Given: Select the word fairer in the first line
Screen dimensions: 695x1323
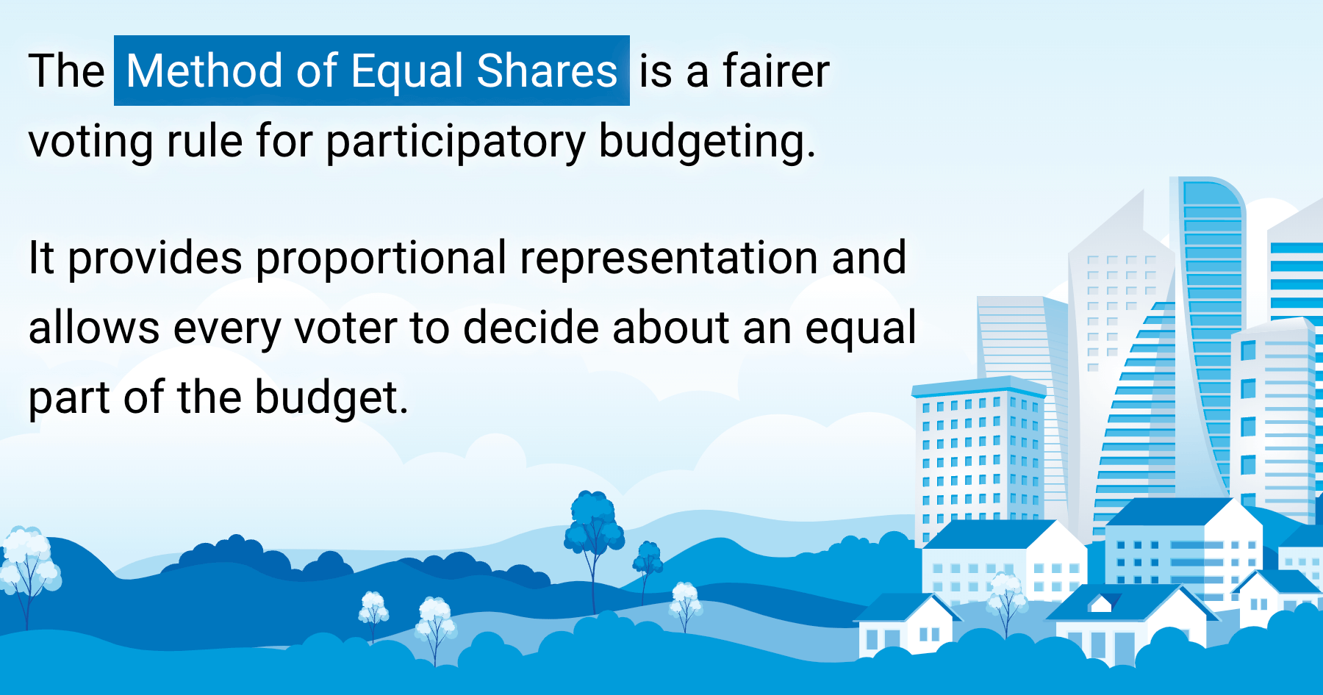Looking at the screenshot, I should click(x=775, y=71).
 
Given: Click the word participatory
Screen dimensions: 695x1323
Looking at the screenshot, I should click(x=455, y=141).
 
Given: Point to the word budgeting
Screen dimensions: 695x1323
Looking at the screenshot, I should click(x=706, y=141).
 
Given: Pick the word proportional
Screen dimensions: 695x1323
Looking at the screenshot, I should click(x=381, y=259).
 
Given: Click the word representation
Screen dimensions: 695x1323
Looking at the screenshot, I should click(x=668, y=259).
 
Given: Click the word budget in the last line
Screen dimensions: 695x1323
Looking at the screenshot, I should click(x=331, y=397).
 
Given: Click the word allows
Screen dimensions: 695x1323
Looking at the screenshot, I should click(x=93, y=328).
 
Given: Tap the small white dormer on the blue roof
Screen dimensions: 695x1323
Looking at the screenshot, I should click(x=1100, y=603).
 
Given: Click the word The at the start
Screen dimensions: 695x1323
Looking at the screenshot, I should click(x=66, y=71).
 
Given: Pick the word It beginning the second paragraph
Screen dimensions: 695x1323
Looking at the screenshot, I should click(x=41, y=259).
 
